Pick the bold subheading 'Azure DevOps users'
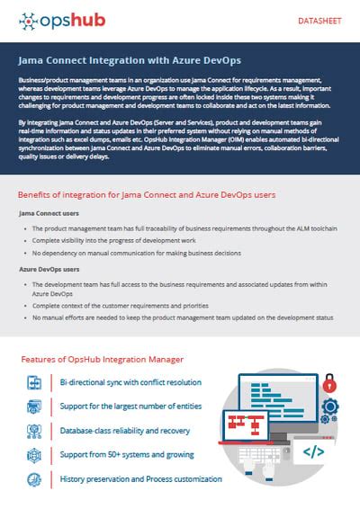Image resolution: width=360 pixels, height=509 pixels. point(52,269)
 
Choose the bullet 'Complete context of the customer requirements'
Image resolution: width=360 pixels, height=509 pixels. point(133,306)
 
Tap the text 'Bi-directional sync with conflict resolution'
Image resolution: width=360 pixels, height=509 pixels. point(131,382)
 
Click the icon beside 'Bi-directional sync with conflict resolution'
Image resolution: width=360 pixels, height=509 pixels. point(35,382)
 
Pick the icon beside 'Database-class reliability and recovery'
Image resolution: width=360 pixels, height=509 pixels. point(35,431)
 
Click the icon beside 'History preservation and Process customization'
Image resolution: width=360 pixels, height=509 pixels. point(35,479)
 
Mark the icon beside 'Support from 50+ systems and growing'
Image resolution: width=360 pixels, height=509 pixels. point(35,455)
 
